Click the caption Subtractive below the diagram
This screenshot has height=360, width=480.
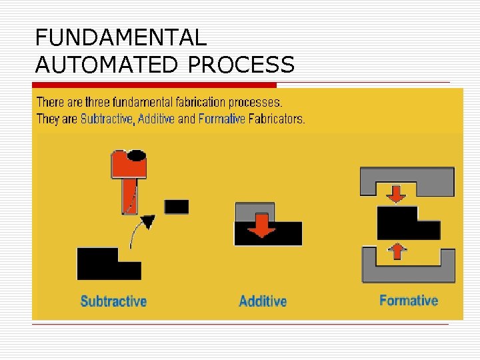(113, 301)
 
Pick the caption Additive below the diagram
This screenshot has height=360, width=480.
(263, 301)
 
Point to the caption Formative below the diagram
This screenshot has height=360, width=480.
(409, 300)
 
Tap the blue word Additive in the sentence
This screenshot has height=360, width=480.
(156, 120)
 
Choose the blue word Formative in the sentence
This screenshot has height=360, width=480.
(222, 120)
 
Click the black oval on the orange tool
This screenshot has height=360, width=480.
(137, 156)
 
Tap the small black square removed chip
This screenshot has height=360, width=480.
(177, 207)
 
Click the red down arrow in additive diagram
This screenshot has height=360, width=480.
(262, 225)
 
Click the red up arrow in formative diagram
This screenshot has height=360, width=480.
(397, 251)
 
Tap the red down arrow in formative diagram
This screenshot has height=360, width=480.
(397, 193)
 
